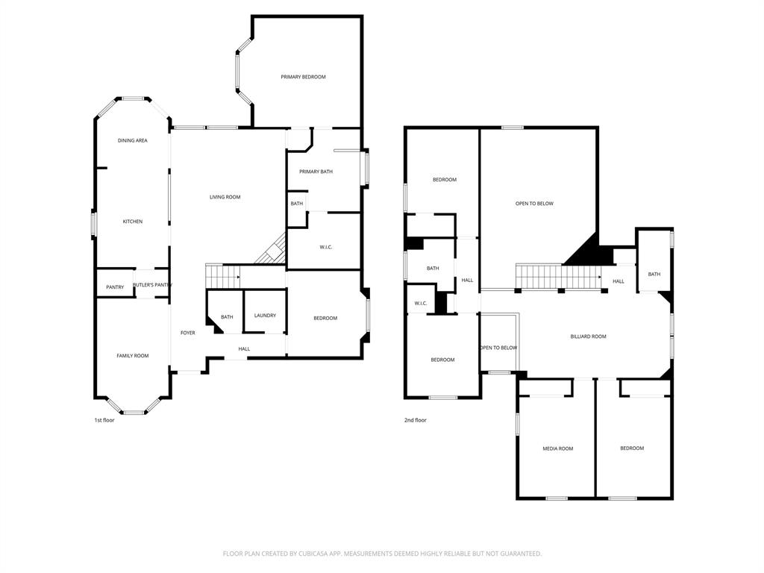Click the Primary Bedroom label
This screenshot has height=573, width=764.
click(x=303, y=77)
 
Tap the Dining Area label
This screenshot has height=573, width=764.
click(x=132, y=140)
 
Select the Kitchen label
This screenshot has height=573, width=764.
click(x=133, y=222)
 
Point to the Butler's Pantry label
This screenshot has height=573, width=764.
click(x=152, y=285)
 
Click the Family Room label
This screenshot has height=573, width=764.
click(x=133, y=356)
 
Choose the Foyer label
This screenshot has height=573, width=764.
click(x=188, y=333)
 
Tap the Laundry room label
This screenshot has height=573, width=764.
click(x=265, y=316)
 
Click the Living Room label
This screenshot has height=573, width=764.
click(x=225, y=197)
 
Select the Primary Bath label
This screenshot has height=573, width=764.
click(x=316, y=172)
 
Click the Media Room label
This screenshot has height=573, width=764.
click(x=557, y=448)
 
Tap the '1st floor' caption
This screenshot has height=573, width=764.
click(x=104, y=420)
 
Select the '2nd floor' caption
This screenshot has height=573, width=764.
click(x=416, y=420)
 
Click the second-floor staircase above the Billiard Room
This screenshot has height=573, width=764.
click(x=559, y=277)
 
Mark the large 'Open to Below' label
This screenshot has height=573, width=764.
click(x=534, y=204)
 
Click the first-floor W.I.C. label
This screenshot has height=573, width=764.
click(x=325, y=247)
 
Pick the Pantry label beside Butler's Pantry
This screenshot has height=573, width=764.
click(x=115, y=287)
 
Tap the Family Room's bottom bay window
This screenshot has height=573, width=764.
click(x=134, y=412)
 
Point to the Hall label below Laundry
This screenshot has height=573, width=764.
click(x=244, y=348)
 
